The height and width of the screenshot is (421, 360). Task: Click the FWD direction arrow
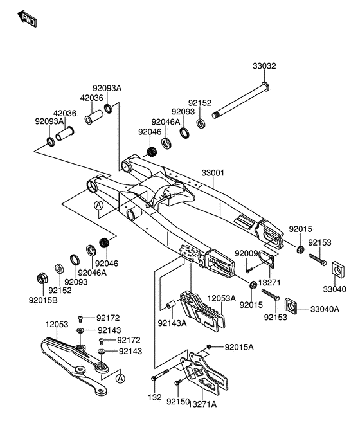click(x=27, y=19)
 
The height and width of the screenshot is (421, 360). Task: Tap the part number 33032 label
click(x=264, y=66)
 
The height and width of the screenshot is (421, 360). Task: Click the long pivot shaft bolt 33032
click(x=240, y=101)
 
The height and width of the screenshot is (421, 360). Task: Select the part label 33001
click(x=213, y=173)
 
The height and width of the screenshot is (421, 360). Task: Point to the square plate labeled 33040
click(x=339, y=269)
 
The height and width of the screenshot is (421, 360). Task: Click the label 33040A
click(x=325, y=309)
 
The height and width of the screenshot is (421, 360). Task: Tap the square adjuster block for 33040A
click(x=291, y=305)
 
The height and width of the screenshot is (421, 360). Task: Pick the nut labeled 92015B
click(x=42, y=278)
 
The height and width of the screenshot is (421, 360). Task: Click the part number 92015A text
click(x=239, y=347)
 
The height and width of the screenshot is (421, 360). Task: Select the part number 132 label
click(x=155, y=397)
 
